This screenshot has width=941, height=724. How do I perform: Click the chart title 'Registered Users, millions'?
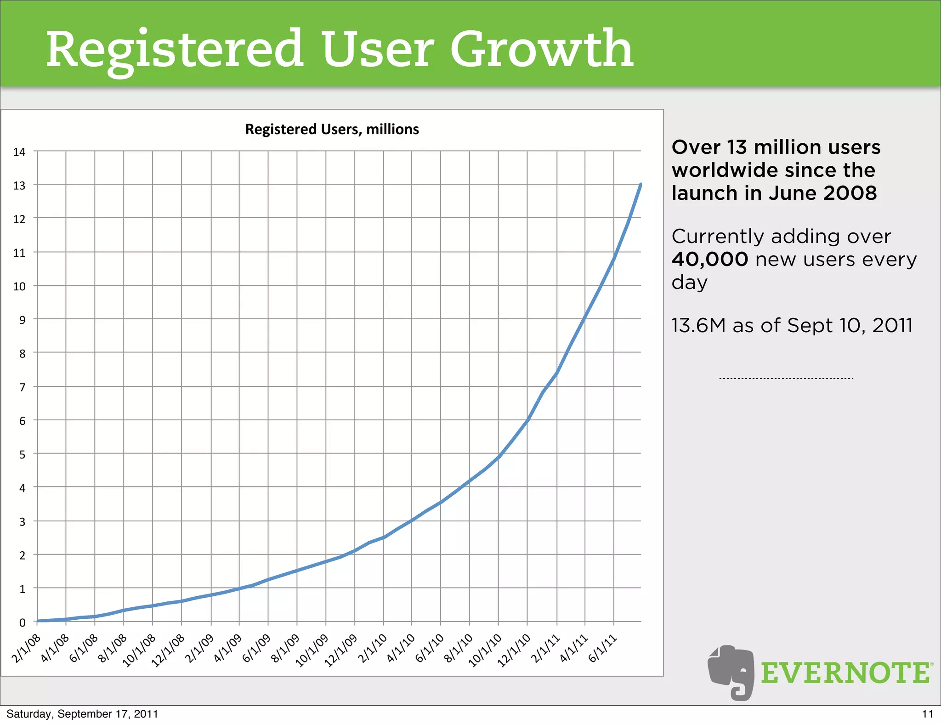[332, 130]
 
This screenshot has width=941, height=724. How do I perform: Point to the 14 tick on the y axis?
[19, 152]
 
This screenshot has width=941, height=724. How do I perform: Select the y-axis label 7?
[22, 387]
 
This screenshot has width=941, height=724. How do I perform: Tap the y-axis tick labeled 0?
[22, 623]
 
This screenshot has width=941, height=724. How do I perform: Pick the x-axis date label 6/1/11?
[602, 648]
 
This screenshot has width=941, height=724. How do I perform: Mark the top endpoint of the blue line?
[641, 185]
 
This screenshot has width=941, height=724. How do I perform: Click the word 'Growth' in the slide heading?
[542, 49]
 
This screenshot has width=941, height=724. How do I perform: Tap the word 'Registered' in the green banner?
[175, 49]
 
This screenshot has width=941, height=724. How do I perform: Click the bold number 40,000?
[709, 260]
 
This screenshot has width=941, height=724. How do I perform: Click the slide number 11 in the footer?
[927, 714]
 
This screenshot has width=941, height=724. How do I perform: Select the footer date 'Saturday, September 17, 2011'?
[82, 714]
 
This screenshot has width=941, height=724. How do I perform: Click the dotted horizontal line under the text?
[786, 379]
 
